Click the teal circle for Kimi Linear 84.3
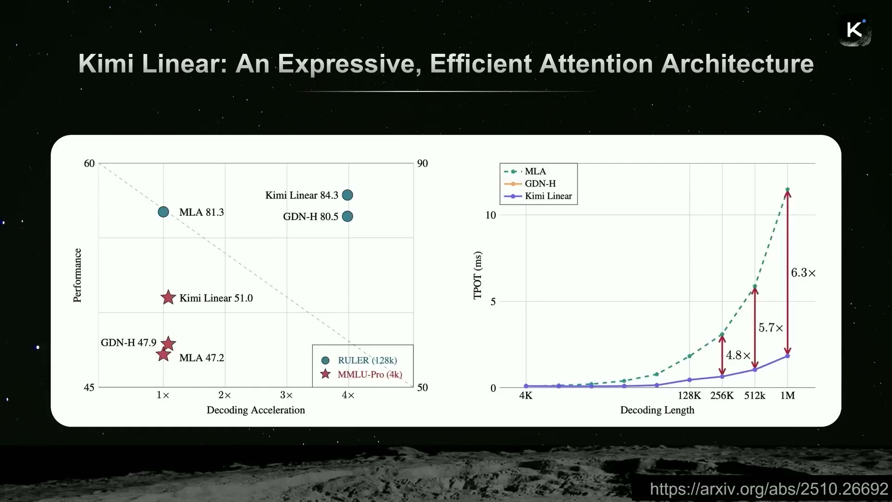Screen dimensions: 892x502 tap(348, 195)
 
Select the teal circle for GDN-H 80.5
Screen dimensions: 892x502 tap(348, 217)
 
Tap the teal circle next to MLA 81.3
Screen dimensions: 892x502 tap(164, 212)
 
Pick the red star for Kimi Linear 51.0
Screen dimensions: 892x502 tap(168, 297)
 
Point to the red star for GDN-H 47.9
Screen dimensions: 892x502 tap(168, 343)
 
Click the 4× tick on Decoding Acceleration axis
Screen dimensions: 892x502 tap(348, 396)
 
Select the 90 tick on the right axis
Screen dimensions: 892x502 tap(422, 163)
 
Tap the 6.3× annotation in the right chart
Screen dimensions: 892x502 tap(803, 273)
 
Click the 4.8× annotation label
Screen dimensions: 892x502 tap(738, 356)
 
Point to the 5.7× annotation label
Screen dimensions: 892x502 tap(771, 328)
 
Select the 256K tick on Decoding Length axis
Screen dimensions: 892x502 tap(722, 396)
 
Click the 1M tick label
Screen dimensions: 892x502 tap(787, 396)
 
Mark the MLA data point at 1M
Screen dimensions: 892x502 tap(787, 190)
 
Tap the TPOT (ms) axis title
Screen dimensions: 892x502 tap(478, 275)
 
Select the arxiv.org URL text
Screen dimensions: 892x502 tap(769, 489)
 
